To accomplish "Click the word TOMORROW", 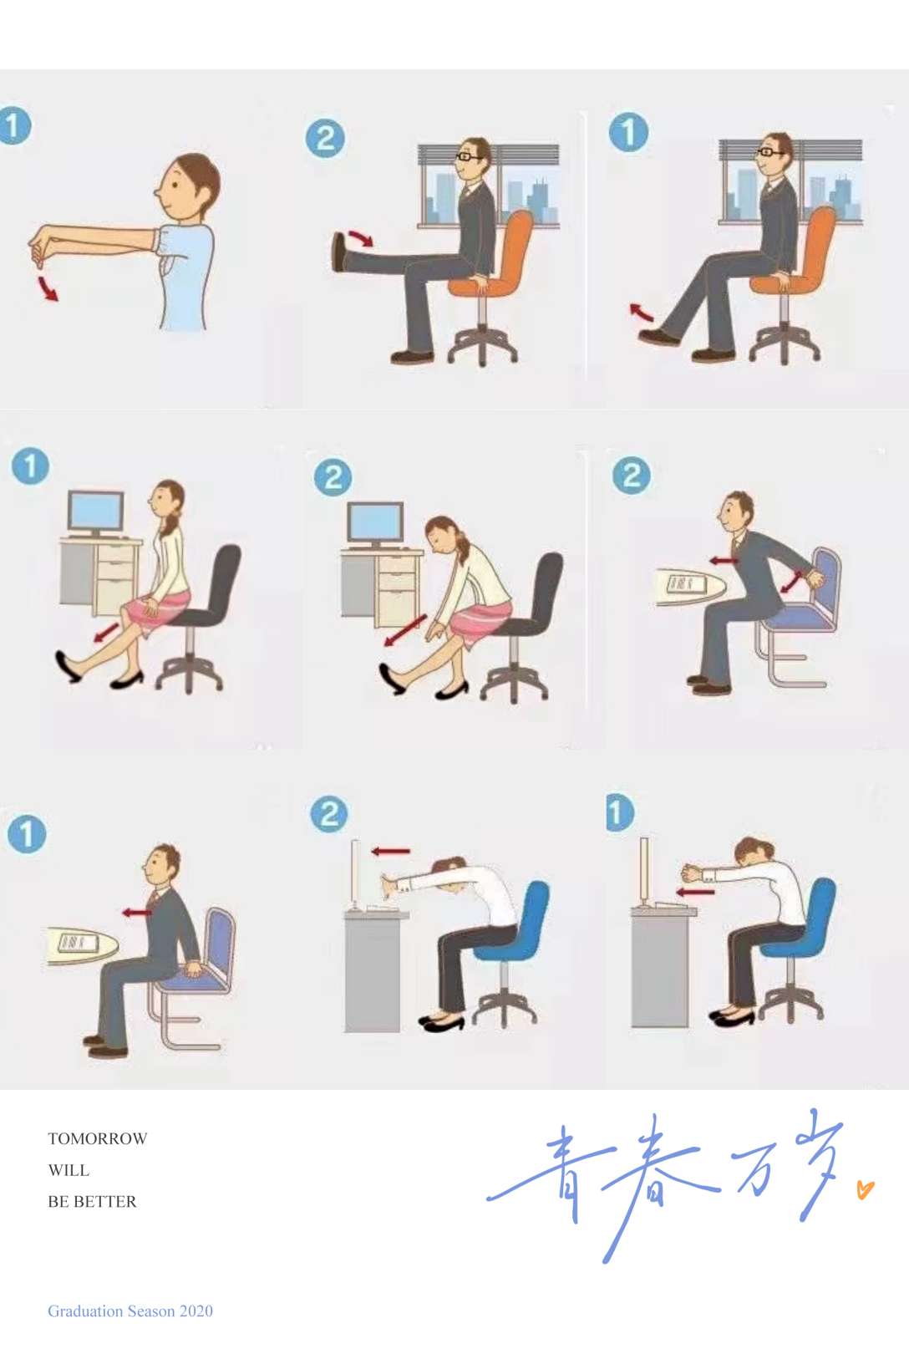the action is [x=98, y=1138].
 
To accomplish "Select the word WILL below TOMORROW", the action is [x=69, y=1170].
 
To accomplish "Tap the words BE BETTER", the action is [x=92, y=1201].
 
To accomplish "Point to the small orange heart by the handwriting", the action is [x=866, y=1189].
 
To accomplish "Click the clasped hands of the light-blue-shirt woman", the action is [x=42, y=247].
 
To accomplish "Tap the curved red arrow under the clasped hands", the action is [x=48, y=288].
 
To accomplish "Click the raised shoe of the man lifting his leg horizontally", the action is [x=339, y=252].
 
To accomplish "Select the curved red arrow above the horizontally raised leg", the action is [x=361, y=238].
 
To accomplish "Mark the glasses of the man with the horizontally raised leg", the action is [x=468, y=156].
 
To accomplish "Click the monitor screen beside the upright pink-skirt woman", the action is [x=96, y=511].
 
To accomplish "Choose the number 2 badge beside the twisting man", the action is [x=631, y=476].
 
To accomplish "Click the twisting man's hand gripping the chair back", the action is [x=814, y=577].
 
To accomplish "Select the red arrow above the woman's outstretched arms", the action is [x=391, y=851].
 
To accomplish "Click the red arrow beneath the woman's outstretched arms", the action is [x=694, y=893].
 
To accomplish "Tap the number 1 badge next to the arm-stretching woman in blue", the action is [x=621, y=812].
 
